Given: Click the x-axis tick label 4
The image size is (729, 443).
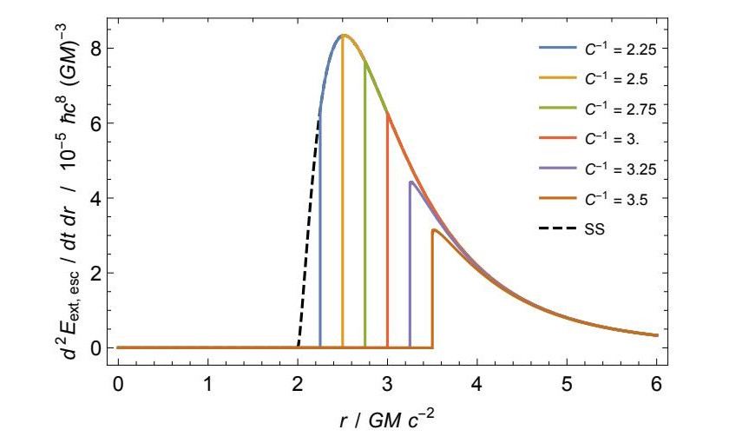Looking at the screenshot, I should point(477,382).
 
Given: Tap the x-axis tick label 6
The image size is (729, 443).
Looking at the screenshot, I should point(656,382).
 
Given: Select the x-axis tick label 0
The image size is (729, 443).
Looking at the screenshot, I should point(118,382).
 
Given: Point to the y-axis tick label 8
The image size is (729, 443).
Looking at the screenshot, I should point(98,49).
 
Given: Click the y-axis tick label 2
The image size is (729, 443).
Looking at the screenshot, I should point(98,273).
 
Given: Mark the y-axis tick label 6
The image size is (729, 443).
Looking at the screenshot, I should point(98,123).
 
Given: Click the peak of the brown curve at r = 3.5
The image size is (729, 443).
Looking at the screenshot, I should point(433,230).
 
